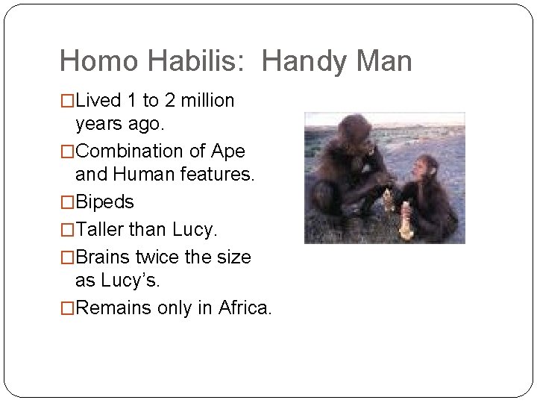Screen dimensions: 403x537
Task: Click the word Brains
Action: point(104,257)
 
